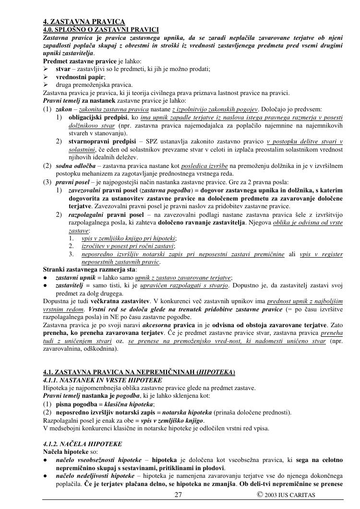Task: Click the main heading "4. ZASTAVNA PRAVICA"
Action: click(84, 22)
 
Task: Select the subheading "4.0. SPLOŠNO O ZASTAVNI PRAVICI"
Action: click(101, 29)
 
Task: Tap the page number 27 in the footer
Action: click(178, 495)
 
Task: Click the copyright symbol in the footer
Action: click(259, 495)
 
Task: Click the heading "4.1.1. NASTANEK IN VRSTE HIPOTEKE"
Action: click(102, 380)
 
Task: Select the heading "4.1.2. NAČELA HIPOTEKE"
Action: click(83, 444)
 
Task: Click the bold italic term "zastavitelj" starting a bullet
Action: click(69, 285)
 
